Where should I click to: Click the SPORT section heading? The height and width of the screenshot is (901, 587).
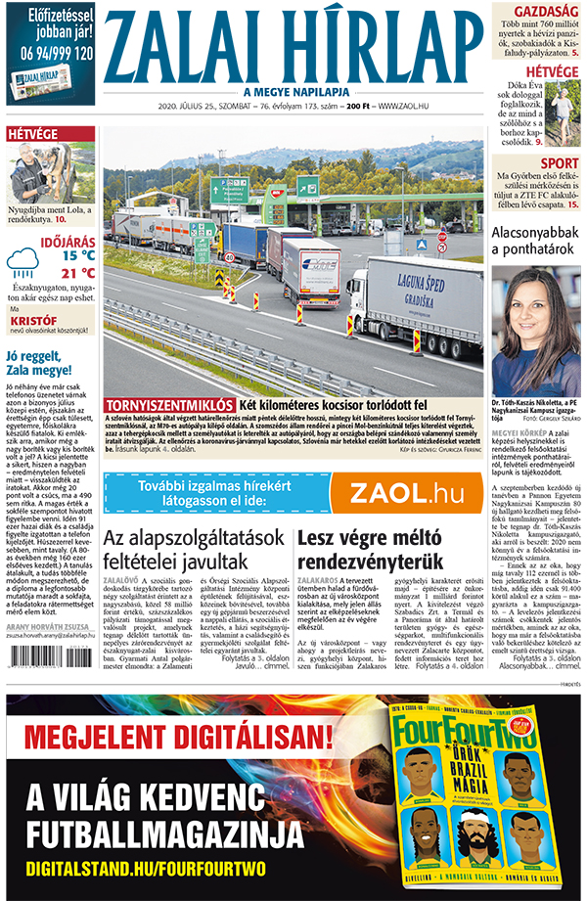tap(559, 162)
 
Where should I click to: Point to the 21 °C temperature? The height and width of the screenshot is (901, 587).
tap(76, 273)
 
